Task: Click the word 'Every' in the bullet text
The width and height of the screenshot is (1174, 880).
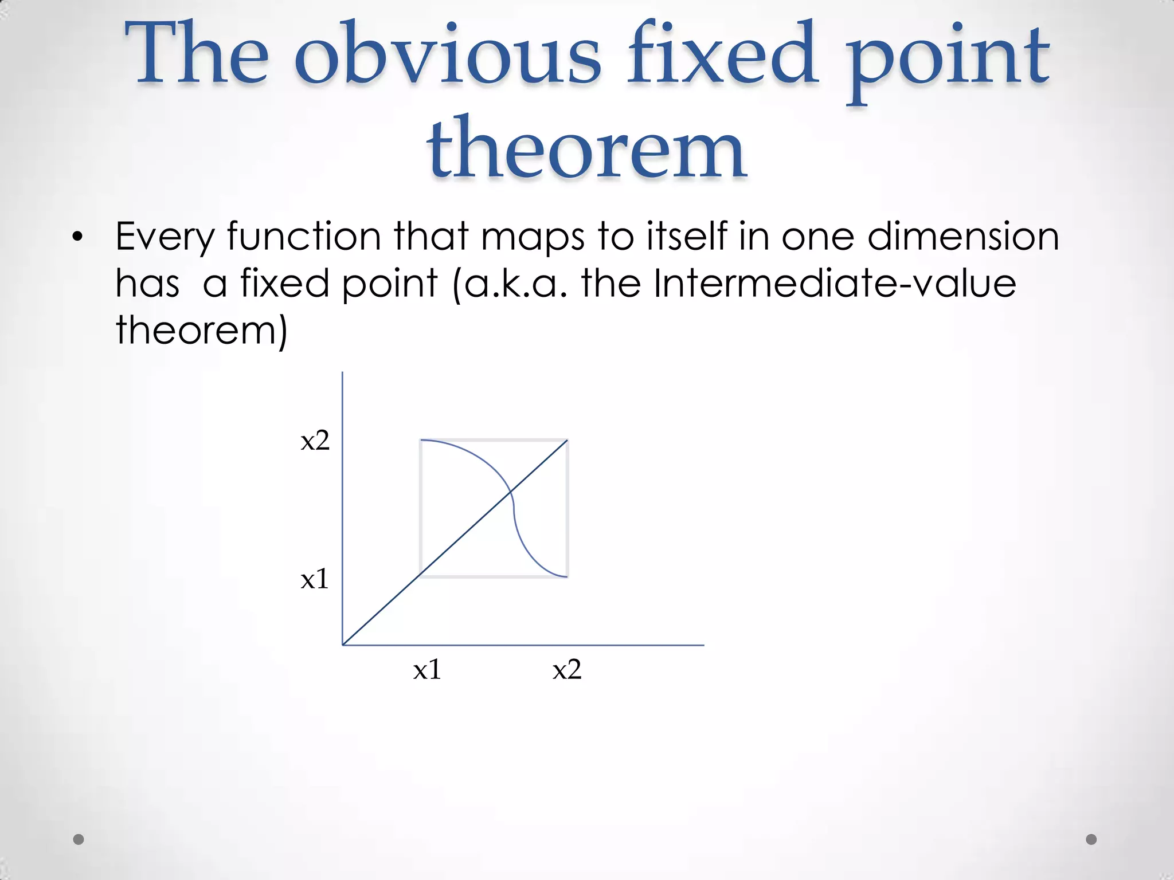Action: (165, 237)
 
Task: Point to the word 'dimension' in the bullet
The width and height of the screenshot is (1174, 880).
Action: (962, 236)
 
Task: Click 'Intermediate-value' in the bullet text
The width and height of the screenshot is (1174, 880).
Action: (834, 283)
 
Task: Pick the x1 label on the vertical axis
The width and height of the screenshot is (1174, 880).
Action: (315, 579)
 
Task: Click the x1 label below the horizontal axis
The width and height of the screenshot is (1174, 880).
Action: (427, 670)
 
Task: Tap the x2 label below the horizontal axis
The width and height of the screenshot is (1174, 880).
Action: (567, 670)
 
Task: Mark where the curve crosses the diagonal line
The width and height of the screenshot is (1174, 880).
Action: (510, 491)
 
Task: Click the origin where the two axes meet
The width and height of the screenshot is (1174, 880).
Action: (343, 645)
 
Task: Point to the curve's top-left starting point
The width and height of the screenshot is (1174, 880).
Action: (421, 440)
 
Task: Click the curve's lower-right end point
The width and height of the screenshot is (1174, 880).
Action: (567, 577)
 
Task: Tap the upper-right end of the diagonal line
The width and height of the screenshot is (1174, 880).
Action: (568, 440)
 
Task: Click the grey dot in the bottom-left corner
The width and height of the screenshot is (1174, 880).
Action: (79, 839)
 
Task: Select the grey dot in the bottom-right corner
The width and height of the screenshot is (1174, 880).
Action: (1091, 839)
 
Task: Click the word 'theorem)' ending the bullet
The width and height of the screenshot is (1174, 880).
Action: (201, 331)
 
